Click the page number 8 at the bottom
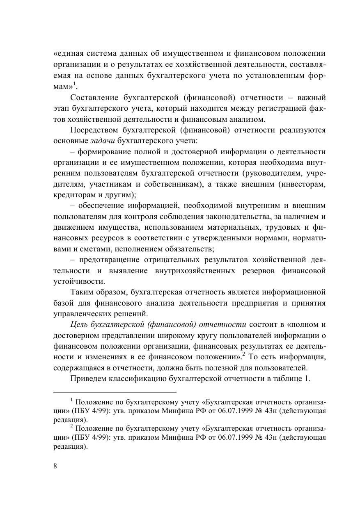55,466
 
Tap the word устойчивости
73,282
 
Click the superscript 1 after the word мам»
74,84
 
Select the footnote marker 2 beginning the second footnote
72,426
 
